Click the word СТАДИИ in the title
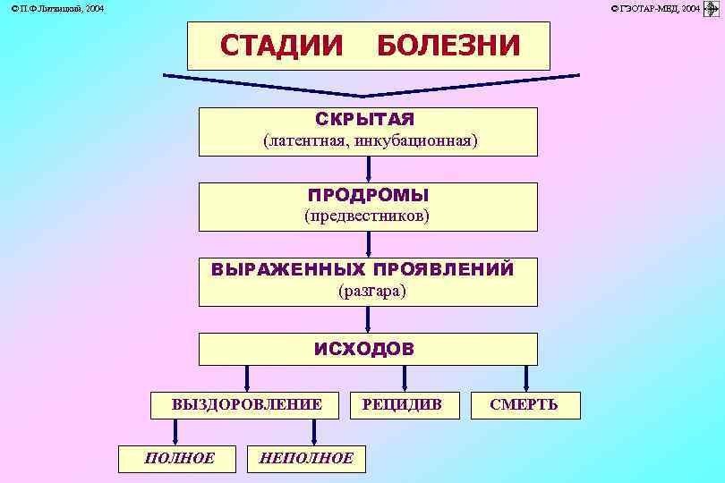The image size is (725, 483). click(x=281, y=45)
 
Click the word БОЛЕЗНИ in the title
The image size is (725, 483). click(x=448, y=45)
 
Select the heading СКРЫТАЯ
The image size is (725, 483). click(x=365, y=119)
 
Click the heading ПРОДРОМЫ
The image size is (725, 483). click(x=368, y=194)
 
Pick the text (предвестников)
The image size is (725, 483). click(x=367, y=216)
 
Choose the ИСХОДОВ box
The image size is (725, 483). click(x=368, y=349)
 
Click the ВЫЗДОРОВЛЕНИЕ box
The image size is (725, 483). click(x=247, y=405)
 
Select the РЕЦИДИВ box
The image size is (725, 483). click(x=402, y=405)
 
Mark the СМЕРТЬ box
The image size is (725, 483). click(x=524, y=405)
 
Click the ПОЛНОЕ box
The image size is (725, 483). click(x=179, y=458)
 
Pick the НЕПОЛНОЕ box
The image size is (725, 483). click(x=305, y=458)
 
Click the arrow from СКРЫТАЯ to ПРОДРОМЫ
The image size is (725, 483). click(x=368, y=170)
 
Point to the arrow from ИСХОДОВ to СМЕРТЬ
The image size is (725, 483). click(x=525, y=377)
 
